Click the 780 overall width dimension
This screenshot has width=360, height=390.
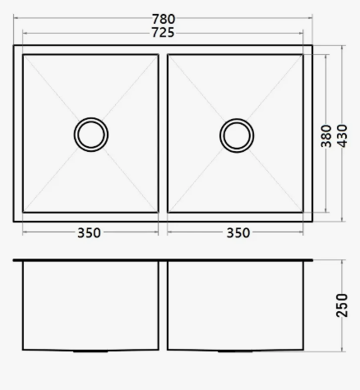164,19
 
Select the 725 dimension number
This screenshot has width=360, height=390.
163,33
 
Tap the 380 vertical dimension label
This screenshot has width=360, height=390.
326,136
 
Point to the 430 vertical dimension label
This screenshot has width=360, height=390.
342,135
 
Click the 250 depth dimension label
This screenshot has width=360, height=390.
342,305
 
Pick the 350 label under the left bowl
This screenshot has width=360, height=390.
89,233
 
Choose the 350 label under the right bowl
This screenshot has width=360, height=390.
238,233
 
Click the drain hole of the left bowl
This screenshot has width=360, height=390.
91,135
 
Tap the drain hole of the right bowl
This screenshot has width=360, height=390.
237,135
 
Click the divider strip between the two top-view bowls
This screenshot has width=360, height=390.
163,134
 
